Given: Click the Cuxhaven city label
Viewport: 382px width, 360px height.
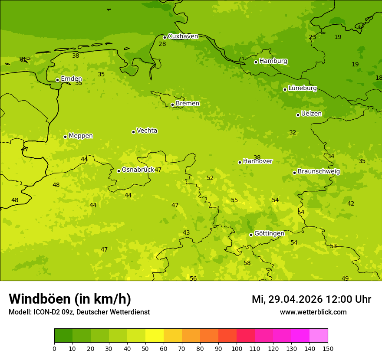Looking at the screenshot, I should tap(183, 36).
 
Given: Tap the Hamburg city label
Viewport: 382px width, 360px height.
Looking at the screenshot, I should tap(273, 61).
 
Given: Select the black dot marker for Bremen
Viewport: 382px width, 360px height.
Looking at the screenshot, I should tap(172, 105).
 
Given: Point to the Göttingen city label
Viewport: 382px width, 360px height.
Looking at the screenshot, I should tap(269, 234).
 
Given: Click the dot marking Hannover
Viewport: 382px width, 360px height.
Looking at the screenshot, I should tap(240, 162).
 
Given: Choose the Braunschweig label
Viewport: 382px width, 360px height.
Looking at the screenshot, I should tap(319, 172).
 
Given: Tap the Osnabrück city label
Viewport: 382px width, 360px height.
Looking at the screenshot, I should tap(138, 170).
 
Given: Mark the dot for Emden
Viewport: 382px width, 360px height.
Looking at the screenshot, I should tap(57, 80).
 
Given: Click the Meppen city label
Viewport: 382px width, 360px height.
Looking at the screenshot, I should tap(81, 136).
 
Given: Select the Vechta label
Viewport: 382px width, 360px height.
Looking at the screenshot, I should tap(147, 131).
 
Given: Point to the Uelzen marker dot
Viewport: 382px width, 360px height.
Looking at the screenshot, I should tap(298, 115).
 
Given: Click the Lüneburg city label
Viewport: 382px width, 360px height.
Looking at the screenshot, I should tap(302, 88).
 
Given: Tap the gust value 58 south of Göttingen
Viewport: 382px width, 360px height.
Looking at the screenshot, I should tap(247, 263).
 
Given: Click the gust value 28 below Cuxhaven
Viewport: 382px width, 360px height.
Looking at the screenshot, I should tap(162, 44).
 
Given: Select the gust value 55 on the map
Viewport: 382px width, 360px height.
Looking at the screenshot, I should tap(234, 200).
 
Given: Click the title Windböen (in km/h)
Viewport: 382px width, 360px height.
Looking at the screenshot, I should tap(70, 299).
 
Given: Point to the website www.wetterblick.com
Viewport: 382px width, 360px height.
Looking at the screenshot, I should tap(313, 312).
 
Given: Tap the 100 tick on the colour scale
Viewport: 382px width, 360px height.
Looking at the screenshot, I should tap(237, 348).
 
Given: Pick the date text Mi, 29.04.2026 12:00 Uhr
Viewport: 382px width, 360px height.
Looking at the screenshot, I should tap(311, 299).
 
